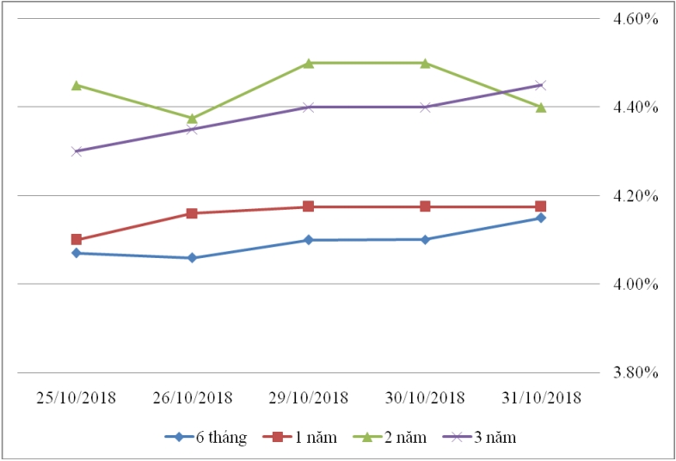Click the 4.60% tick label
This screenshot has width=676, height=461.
point(635,19)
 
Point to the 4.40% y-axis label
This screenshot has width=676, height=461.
point(635,108)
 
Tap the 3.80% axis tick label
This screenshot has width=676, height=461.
point(635,372)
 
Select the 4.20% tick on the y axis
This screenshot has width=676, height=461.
point(635,196)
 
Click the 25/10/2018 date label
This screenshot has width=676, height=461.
point(76,398)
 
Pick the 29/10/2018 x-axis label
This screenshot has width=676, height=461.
point(309,398)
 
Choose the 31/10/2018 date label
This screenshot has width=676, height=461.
point(541,398)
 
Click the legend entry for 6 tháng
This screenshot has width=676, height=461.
point(206,437)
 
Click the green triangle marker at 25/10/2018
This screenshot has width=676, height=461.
point(77,85)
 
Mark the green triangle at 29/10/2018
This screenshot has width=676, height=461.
point(309,63)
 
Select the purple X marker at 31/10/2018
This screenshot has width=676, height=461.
point(541,85)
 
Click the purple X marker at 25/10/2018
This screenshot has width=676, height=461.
point(77,151)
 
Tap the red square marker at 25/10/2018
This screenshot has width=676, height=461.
point(77,239)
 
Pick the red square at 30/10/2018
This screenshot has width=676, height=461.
point(425,206)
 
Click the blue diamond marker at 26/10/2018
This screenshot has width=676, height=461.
point(192,257)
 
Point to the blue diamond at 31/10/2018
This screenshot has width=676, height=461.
point(541,218)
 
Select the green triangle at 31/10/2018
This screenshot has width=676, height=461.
point(541,107)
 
